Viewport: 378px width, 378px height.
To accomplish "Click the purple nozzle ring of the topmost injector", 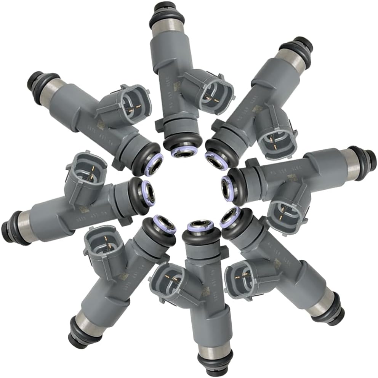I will click(x=181, y=152).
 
